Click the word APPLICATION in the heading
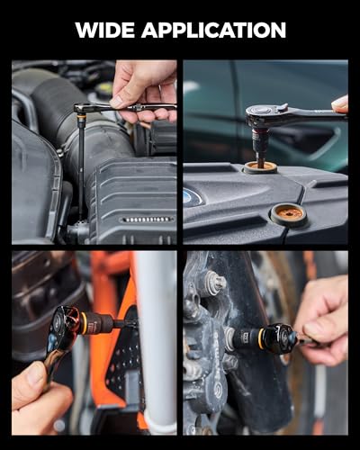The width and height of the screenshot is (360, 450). pos(213,30)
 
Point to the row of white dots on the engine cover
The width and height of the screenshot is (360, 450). pos(147,220)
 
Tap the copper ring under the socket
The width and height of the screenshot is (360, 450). pos(260,166)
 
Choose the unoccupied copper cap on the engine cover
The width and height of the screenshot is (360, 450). pos(290,213)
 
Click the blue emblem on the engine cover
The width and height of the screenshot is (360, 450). pos(188,197)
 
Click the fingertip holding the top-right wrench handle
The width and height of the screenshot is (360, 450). pos(340,104)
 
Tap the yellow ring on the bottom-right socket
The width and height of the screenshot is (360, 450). pos(262,336)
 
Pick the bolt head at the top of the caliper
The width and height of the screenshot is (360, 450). pos(216,281)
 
